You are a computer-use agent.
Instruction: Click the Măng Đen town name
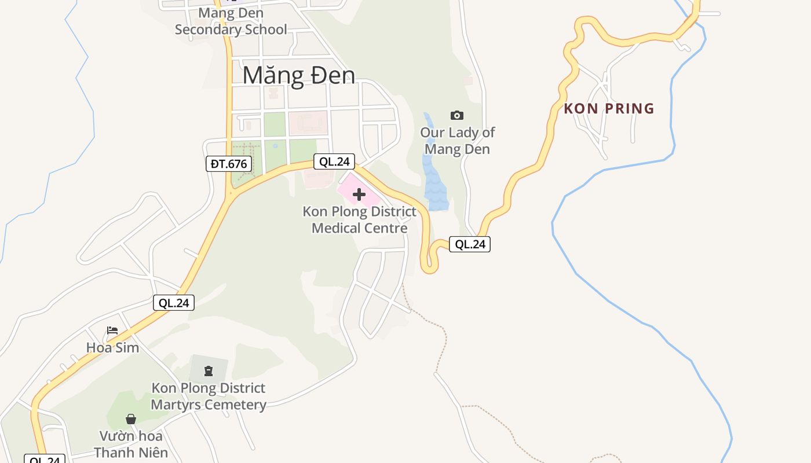point(298,76)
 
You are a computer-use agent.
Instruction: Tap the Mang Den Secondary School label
point(231,21)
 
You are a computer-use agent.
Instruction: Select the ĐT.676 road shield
point(229,164)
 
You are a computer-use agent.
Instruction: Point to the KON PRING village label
point(609,109)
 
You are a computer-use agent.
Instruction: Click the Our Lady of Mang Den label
point(457,141)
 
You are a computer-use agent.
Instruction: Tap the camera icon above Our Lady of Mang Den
point(456,115)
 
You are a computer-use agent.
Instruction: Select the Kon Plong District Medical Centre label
point(359,220)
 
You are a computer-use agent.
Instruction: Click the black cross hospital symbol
point(359,194)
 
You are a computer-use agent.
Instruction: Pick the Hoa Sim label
point(112,348)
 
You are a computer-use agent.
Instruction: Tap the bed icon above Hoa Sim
point(112,330)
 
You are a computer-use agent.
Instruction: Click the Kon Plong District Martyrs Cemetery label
point(209,396)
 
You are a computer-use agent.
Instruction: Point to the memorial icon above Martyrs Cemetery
point(209,370)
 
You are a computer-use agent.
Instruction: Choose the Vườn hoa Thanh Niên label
point(131,444)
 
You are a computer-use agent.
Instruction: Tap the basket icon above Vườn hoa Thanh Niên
point(131,418)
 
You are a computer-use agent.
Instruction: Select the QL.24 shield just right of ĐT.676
point(334,161)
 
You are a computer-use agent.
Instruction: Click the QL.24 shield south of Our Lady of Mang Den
point(470,244)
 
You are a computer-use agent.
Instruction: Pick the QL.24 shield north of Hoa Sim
point(174,303)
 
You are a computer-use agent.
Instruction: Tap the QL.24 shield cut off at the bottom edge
point(45,460)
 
